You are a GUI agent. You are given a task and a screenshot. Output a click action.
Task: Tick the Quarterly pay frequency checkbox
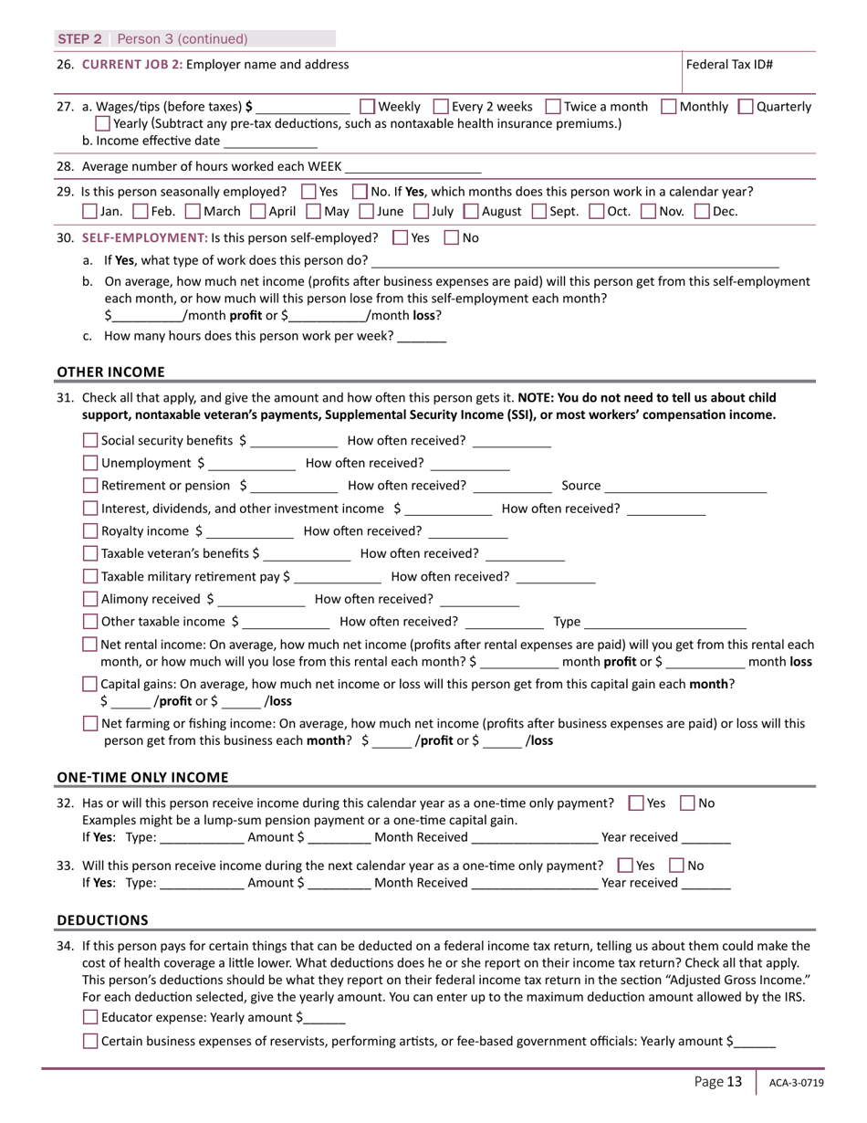[745, 107]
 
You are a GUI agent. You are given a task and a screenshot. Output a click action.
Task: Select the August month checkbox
[470, 212]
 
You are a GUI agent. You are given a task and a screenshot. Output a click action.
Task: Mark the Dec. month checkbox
[701, 212]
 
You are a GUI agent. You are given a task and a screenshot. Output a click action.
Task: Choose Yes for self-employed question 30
[399, 238]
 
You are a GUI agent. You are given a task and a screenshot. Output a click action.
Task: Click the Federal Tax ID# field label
[730, 65]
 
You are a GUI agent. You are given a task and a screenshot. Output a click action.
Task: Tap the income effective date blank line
[270, 142]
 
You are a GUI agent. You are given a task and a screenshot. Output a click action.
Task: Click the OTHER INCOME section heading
[111, 372]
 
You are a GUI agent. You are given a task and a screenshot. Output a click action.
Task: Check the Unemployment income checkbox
[89, 463]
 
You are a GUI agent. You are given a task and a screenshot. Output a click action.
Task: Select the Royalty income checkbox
[89, 531]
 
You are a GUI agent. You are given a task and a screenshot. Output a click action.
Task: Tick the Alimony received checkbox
[89, 600]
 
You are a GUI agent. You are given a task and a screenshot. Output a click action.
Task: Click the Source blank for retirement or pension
[685, 487]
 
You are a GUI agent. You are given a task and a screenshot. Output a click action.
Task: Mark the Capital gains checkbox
[89, 684]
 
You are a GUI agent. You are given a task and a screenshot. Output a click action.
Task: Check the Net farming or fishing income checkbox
[89, 724]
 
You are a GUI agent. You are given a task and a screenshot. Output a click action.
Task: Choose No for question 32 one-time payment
[688, 803]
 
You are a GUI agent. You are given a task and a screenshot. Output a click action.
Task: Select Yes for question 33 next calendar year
[625, 866]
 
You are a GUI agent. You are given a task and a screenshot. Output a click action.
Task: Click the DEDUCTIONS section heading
[103, 919]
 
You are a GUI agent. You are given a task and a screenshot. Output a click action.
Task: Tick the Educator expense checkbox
[89, 1018]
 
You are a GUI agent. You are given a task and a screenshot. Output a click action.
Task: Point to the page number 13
[735, 1082]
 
